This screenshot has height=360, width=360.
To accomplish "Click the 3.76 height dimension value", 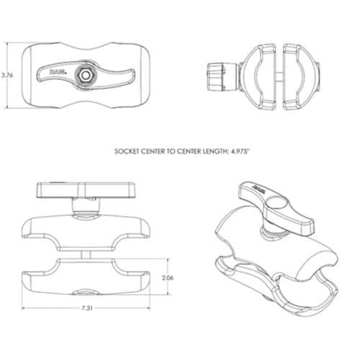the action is pos(7,75).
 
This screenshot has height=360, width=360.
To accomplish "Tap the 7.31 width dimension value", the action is pos(87,308).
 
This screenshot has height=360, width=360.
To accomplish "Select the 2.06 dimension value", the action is pos(168,278).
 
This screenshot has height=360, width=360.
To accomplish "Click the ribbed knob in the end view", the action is pos(215,77).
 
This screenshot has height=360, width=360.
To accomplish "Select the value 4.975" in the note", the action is pos(240,151).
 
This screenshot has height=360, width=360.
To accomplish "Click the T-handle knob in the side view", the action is pos(86,190).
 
